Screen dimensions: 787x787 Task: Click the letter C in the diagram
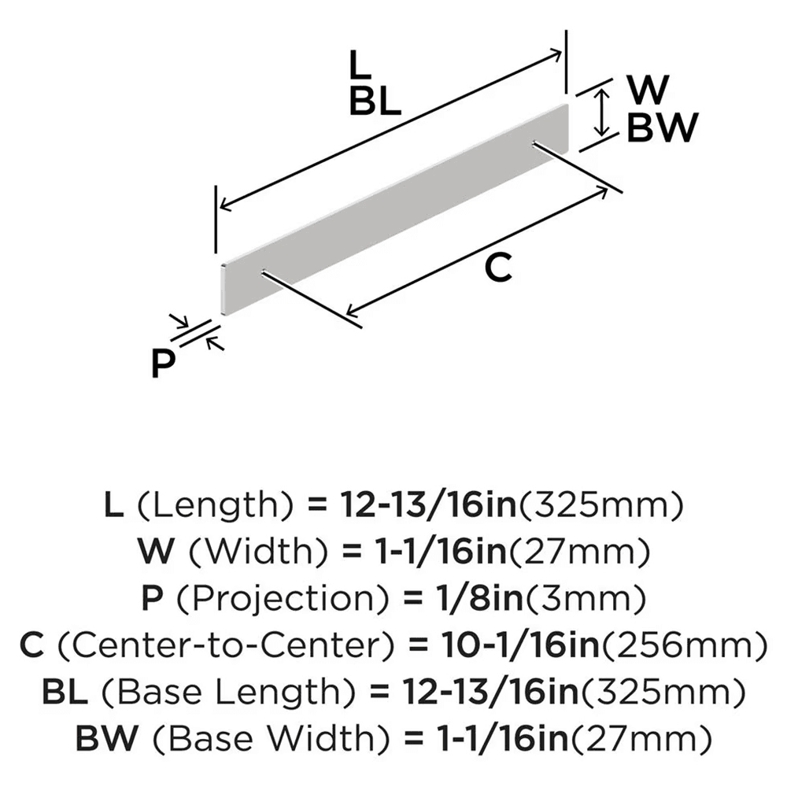pos(498,268)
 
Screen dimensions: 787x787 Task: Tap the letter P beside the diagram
pos(163,364)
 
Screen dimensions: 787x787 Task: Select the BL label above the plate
pos(375,102)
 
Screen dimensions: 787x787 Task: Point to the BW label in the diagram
pos(663,127)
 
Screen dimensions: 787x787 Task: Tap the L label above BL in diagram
pos(360,66)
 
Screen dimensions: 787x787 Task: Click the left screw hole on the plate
pos(261,273)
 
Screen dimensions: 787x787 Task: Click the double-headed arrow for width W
pos(602,113)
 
